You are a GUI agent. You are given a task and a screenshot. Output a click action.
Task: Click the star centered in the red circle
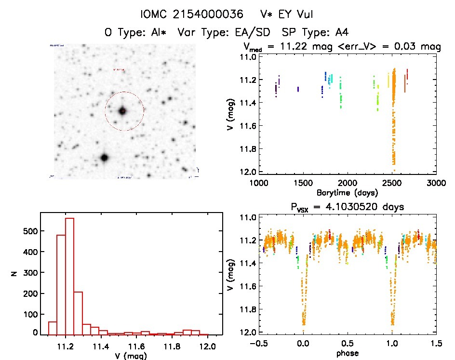pos(123,111)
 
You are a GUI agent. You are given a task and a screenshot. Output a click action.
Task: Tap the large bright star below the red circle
pos(104,158)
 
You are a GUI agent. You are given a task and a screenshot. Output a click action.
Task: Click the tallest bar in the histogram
pos(69,275)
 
